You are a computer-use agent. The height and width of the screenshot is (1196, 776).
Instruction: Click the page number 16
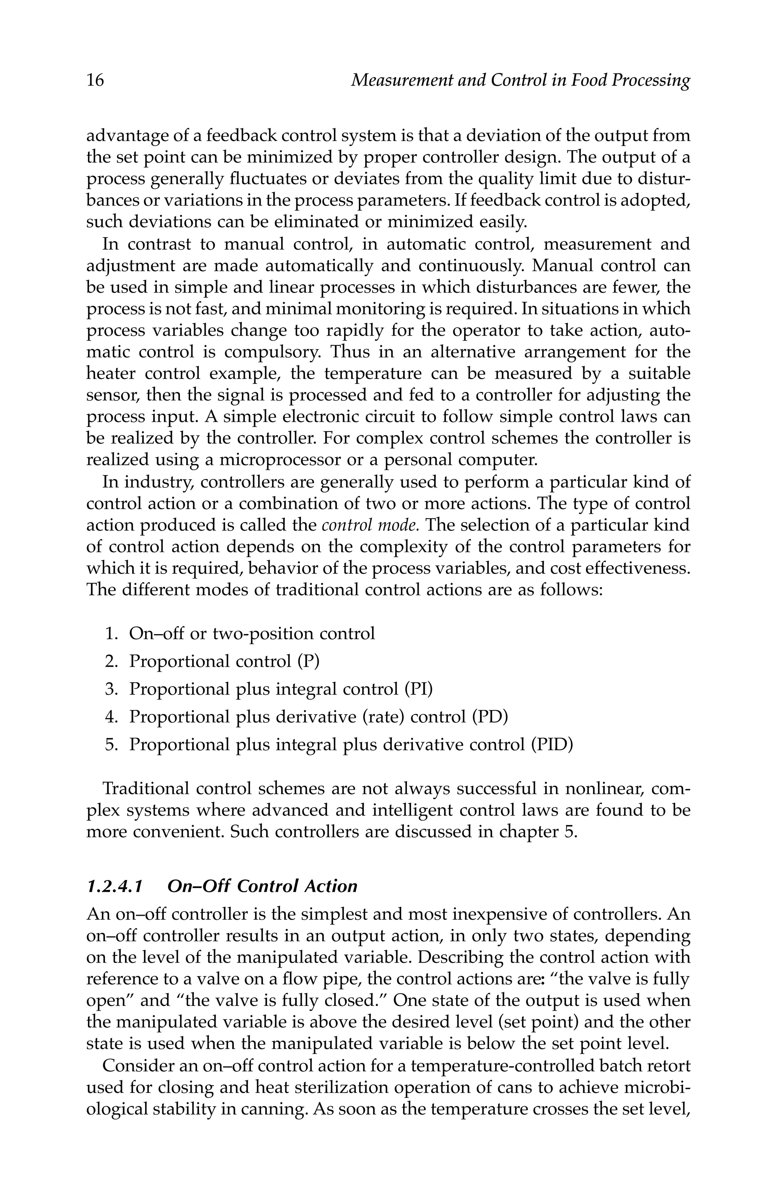pyautogui.click(x=95, y=80)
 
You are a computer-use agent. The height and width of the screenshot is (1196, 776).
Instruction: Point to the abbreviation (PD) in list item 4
pyautogui.click(x=490, y=717)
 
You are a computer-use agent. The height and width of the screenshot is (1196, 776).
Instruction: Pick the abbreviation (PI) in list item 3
pyautogui.click(x=419, y=689)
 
